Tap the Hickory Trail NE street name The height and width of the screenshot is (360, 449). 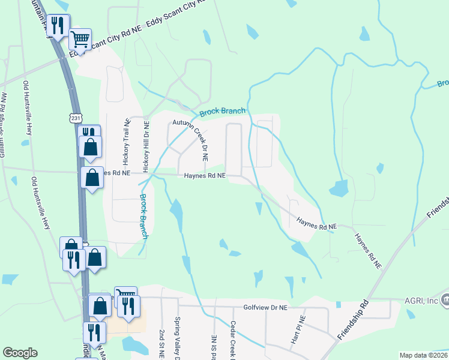click(x=127, y=142)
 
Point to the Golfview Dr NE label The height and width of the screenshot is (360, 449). click(x=266, y=307)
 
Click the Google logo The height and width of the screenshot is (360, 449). click(x=20, y=353)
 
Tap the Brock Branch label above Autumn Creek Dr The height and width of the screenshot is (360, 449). click(x=222, y=112)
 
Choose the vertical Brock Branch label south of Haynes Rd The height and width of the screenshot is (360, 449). click(x=144, y=216)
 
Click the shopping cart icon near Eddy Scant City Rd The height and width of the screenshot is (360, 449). click(x=80, y=40)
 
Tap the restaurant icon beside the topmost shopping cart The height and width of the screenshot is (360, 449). click(x=58, y=25)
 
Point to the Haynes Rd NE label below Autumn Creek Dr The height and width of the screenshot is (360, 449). click(x=205, y=176)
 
